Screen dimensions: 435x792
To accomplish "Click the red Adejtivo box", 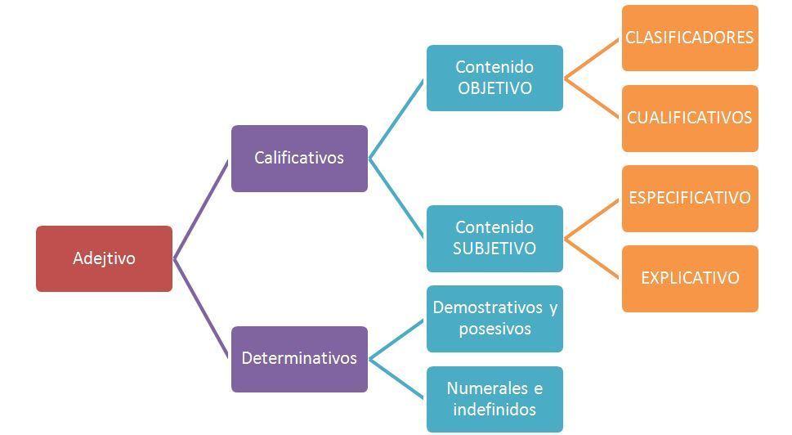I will (104, 258).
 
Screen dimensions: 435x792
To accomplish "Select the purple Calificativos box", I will (299, 158).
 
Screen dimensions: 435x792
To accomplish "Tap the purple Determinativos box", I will (299, 358).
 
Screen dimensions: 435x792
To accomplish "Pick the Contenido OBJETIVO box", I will (494, 78).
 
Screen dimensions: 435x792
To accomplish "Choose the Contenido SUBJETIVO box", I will (494, 238).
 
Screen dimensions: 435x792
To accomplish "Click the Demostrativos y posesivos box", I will (494, 318).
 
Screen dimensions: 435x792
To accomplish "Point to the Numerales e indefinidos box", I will (494, 398).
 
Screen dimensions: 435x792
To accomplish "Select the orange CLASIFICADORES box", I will (690, 38).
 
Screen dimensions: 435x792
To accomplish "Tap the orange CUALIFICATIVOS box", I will (690, 118).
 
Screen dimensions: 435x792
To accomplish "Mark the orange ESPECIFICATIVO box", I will (690, 198).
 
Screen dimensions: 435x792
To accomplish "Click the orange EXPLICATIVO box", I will (690, 278).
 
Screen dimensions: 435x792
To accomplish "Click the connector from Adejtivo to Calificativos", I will (201, 209).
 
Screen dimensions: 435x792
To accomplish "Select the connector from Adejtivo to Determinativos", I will (201, 308).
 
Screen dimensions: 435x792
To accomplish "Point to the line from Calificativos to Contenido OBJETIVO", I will (396, 119).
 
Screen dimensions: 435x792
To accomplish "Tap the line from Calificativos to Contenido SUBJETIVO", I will (396, 198).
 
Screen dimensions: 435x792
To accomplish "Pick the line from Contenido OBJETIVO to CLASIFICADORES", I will (593, 58).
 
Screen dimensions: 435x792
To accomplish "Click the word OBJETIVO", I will (494, 88).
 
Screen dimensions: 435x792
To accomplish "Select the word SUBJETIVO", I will (494, 249).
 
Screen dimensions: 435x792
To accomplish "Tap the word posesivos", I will (494, 329).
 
